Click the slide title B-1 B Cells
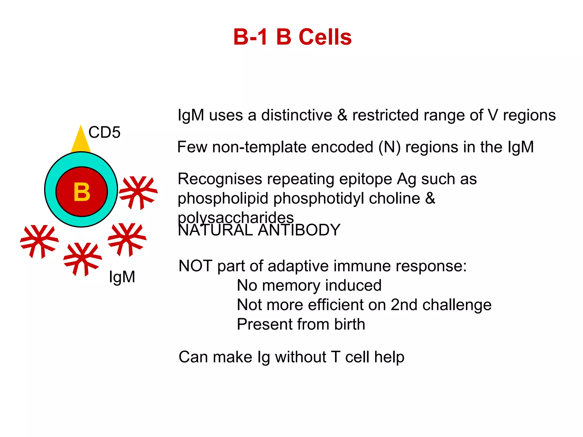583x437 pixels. [292, 37]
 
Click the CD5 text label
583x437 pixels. [104, 132]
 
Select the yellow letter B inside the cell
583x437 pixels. [82, 192]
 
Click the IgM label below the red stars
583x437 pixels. [122, 277]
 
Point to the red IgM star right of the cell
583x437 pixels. [138, 192]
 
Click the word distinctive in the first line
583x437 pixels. [297, 115]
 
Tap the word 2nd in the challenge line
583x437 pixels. [404, 305]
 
